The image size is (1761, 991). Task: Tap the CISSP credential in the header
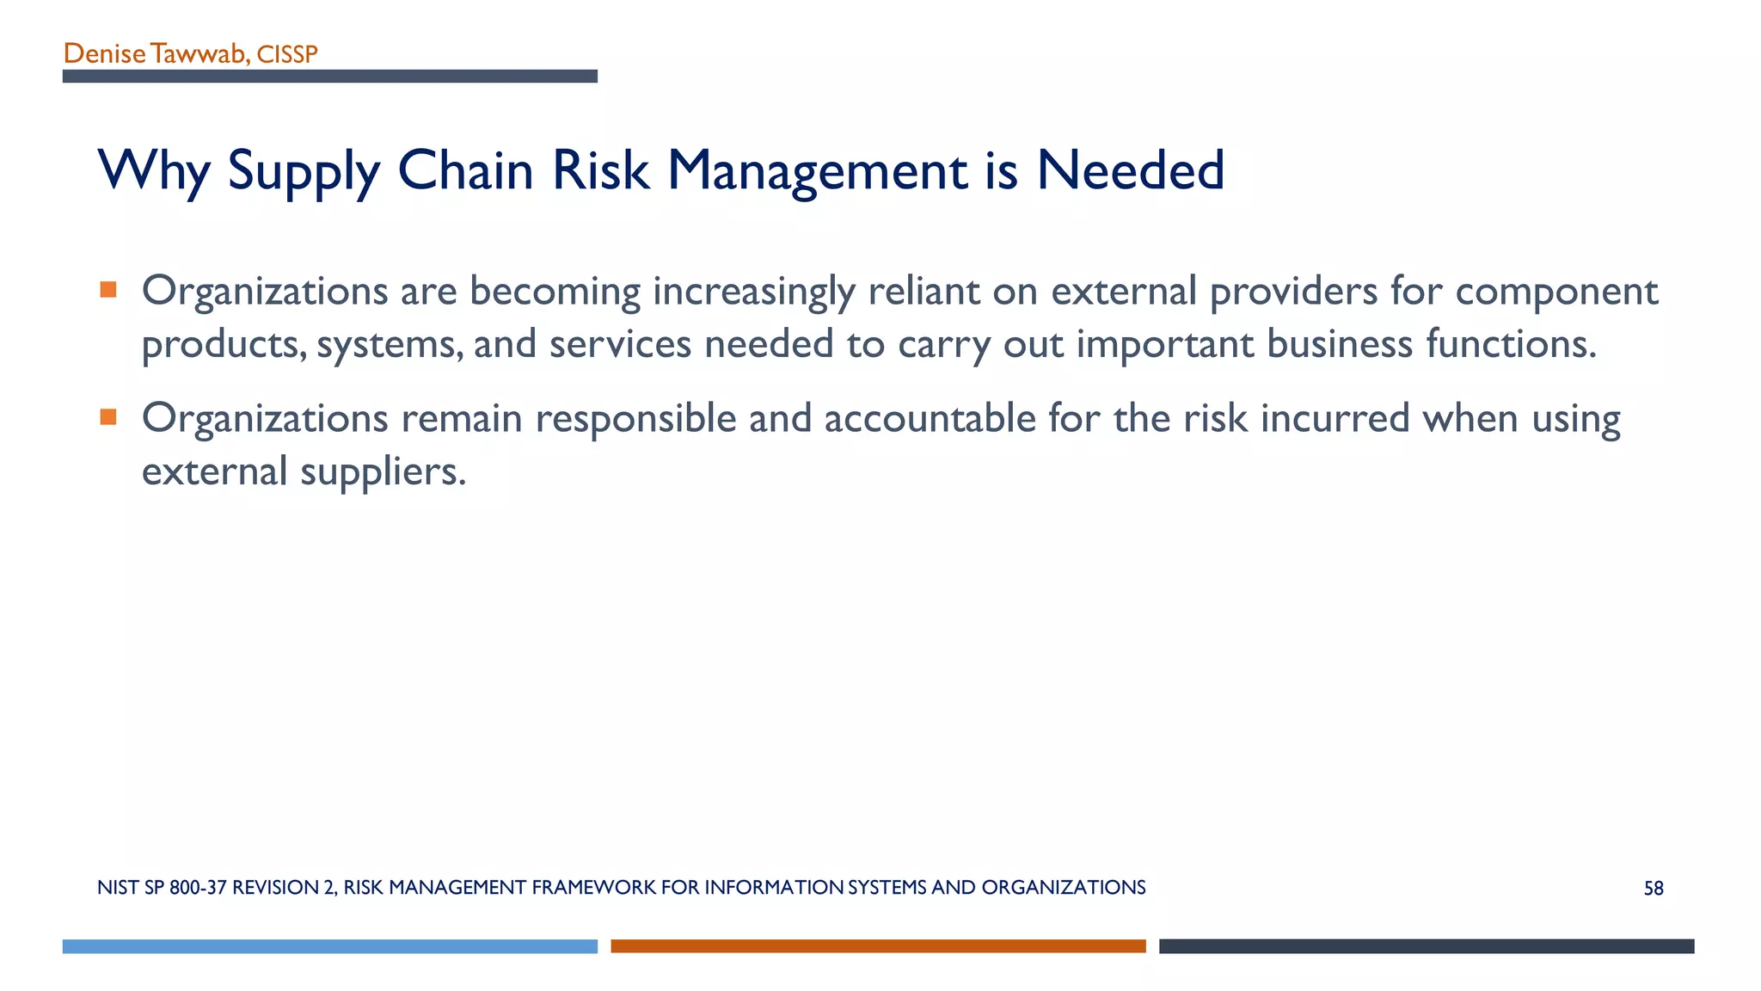pyautogui.click(x=287, y=55)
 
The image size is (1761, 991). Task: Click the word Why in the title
pyautogui.click(x=154, y=170)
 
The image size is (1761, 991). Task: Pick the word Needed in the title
pyautogui.click(x=1130, y=170)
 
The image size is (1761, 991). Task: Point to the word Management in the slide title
pyautogui.click(x=817, y=170)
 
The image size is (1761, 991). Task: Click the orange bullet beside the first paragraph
pyautogui.click(x=108, y=290)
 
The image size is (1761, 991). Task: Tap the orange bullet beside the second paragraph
pyautogui.click(x=108, y=417)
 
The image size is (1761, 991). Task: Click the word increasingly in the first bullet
pyautogui.click(x=753, y=292)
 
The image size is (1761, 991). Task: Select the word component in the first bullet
pyautogui.click(x=1556, y=292)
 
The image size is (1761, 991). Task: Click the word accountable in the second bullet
pyautogui.click(x=930, y=419)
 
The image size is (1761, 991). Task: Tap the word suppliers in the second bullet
pyautogui.click(x=383, y=472)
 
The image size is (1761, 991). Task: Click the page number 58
pyautogui.click(x=1654, y=889)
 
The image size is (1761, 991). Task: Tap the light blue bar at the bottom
pyautogui.click(x=330, y=946)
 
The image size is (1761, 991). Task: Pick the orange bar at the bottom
pyautogui.click(x=878, y=946)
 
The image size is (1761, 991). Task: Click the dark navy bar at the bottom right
pyautogui.click(x=1427, y=946)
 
